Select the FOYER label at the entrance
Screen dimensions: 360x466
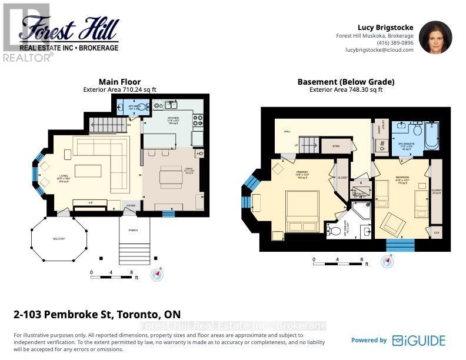coord(131,205)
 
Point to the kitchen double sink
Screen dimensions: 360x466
coord(172,105)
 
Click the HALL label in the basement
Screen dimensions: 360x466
coord(288,131)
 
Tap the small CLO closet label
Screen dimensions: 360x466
coord(436,234)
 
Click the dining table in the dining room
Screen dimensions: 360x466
coord(171,176)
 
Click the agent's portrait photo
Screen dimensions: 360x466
coord(435,38)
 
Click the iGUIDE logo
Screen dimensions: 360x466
coord(420,341)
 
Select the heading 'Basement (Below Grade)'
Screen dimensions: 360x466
coord(345,82)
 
